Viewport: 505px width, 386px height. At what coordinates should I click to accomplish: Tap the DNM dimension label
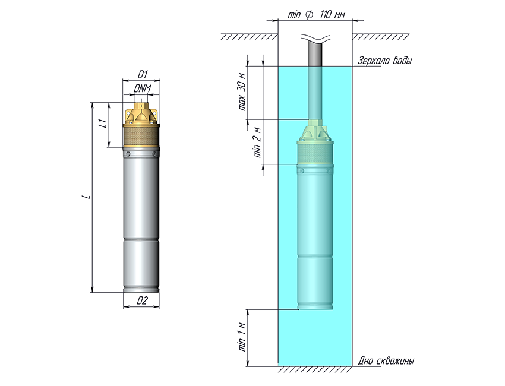coord(141,89)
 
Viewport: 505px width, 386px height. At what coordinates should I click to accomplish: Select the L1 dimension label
coord(102,124)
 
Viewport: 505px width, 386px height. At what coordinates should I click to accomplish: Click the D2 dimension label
coord(141,300)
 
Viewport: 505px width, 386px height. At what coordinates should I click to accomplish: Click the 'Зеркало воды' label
coord(384,61)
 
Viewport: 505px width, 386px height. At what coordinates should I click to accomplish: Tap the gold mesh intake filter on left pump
coord(141,137)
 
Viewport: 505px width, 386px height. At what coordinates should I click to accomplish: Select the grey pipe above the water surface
coord(315,53)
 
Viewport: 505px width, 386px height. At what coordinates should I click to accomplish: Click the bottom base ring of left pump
coord(141,290)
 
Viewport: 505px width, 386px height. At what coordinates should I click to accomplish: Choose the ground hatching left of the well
coord(250,37)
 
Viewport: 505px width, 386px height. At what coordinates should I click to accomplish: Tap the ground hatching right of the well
coord(380,37)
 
